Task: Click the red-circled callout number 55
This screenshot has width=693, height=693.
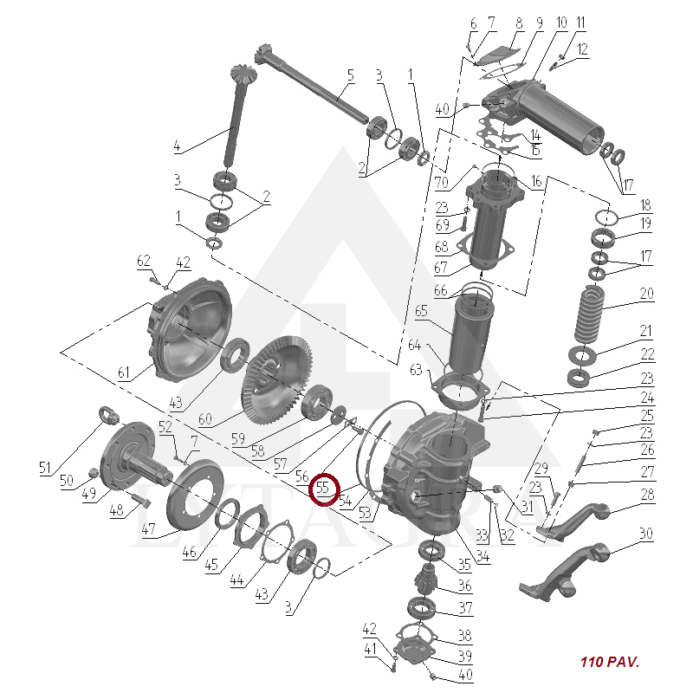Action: pos(323,487)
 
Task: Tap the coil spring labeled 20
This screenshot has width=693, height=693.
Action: pos(590,314)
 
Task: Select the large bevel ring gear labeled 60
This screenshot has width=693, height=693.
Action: pos(276,380)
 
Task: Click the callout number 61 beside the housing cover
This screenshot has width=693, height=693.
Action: pos(124,372)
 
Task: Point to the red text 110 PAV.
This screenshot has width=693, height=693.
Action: pos(610,662)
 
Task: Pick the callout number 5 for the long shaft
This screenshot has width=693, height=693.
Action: pos(351,75)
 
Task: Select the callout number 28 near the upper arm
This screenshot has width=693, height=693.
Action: pos(647,494)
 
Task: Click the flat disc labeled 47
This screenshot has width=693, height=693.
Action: pos(189,495)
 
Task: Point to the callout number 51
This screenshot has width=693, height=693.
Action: pos(45,467)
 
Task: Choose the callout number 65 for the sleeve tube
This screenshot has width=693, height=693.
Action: pos(421,311)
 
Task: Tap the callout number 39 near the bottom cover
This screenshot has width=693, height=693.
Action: pos(465,656)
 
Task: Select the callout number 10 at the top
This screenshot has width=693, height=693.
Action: pos(561,23)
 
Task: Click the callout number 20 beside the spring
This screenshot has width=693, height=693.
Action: pos(646,294)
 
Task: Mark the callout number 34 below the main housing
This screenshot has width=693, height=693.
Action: pos(483,555)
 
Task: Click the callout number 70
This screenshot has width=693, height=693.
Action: pos(442,182)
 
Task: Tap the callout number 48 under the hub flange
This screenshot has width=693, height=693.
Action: pos(116,510)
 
